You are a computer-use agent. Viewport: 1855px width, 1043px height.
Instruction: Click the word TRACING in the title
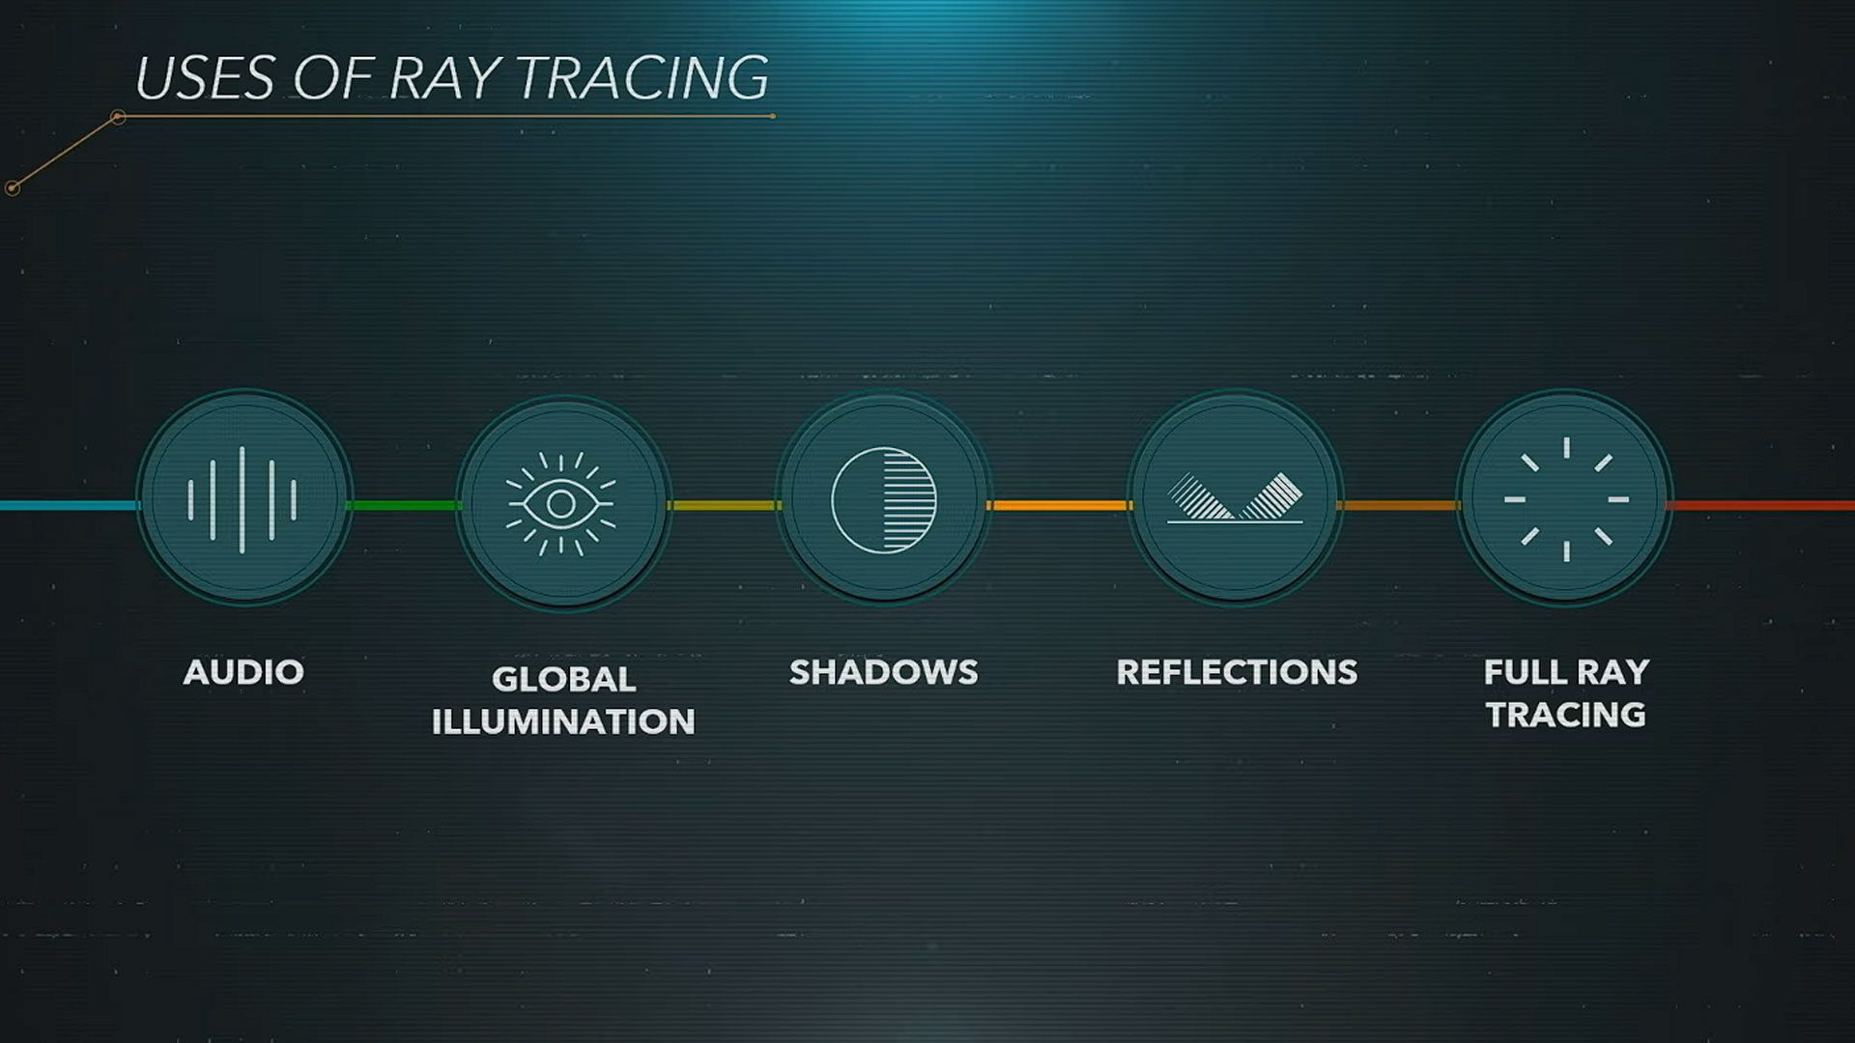(643, 77)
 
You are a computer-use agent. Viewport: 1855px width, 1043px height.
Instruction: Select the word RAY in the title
(444, 77)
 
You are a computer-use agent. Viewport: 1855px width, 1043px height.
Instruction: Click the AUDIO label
(243, 672)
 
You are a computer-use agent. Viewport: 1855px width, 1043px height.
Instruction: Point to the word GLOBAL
(563, 679)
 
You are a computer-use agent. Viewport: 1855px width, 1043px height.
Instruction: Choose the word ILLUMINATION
(563, 721)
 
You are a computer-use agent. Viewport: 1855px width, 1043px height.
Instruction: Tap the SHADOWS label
(884, 672)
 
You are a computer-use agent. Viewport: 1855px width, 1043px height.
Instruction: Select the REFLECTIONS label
(1237, 672)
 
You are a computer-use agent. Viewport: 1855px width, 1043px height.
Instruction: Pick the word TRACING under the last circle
(1566, 715)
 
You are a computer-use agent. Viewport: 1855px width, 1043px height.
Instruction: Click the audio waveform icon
(243, 499)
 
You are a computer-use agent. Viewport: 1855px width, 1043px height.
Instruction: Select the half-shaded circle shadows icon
(884, 500)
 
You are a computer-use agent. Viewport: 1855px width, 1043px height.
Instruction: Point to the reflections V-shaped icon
(1235, 497)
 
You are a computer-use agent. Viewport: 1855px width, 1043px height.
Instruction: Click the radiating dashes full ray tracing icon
(1566, 499)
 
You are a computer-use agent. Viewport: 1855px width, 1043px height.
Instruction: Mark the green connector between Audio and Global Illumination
(403, 505)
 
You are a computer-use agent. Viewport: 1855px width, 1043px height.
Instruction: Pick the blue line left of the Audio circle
(69, 505)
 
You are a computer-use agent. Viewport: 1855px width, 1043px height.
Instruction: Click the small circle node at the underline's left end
(118, 118)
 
